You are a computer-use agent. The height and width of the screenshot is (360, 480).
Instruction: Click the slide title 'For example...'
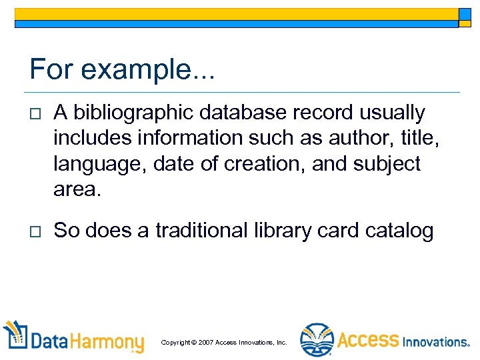[x=122, y=69]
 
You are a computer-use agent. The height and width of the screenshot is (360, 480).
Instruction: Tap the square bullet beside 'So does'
[x=35, y=231]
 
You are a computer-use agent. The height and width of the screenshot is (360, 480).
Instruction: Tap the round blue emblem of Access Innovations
[x=316, y=341]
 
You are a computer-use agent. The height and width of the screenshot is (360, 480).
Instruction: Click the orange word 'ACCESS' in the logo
[x=367, y=340]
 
